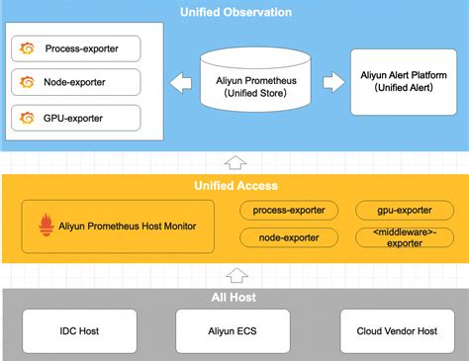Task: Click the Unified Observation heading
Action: pyautogui.click(x=235, y=12)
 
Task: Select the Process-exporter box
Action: pyautogui.click(x=77, y=46)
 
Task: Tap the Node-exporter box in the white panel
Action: pyautogui.click(x=77, y=82)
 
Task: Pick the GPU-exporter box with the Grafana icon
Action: pyautogui.click(x=77, y=119)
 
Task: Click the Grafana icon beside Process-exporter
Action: pyautogui.click(x=27, y=46)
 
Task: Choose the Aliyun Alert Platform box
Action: pyautogui.click(x=404, y=82)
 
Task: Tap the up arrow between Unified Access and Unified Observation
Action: pyautogui.click(x=234, y=162)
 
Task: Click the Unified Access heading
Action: pyautogui.click(x=235, y=185)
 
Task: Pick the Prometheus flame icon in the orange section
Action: pyautogui.click(x=45, y=226)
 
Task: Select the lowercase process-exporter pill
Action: pyautogui.click(x=290, y=210)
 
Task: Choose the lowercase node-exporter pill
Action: pyautogui.click(x=290, y=238)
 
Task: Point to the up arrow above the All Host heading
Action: pyautogui.click(x=234, y=276)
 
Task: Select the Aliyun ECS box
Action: pyautogui.click(x=234, y=330)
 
